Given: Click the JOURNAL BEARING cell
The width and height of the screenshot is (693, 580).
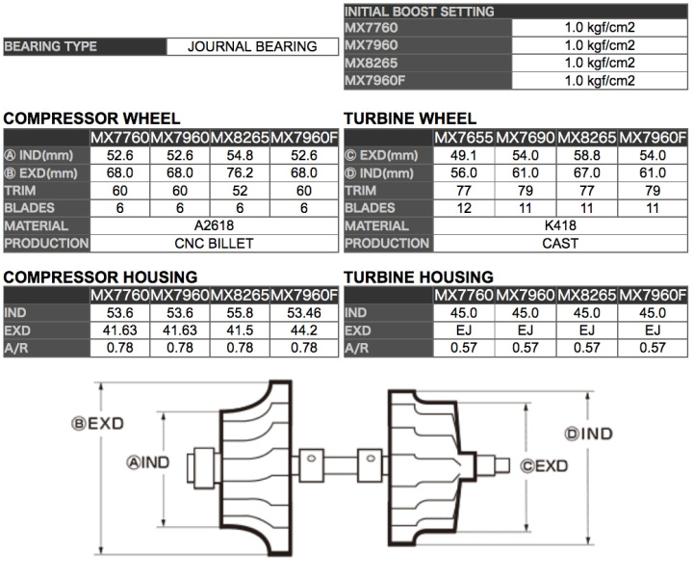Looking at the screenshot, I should tap(252, 46).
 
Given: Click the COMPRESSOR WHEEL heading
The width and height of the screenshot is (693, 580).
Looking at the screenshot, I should tap(78, 119).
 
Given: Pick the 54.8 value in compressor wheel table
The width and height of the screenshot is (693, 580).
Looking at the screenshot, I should tap(240, 155).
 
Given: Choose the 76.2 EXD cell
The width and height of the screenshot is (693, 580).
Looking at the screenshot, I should tap(240, 172).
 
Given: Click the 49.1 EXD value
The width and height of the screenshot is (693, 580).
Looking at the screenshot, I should tap(464, 155).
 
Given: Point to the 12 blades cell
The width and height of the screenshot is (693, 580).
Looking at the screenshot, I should tap(464, 207).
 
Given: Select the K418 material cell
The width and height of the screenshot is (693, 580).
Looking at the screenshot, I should tap(559, 225).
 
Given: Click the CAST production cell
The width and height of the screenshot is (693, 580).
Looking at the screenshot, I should tap(559, 243).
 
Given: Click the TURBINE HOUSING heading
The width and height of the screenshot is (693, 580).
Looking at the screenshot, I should tap(418, 277).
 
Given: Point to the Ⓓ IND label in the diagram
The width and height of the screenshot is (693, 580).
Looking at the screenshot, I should tap(588, 434).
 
